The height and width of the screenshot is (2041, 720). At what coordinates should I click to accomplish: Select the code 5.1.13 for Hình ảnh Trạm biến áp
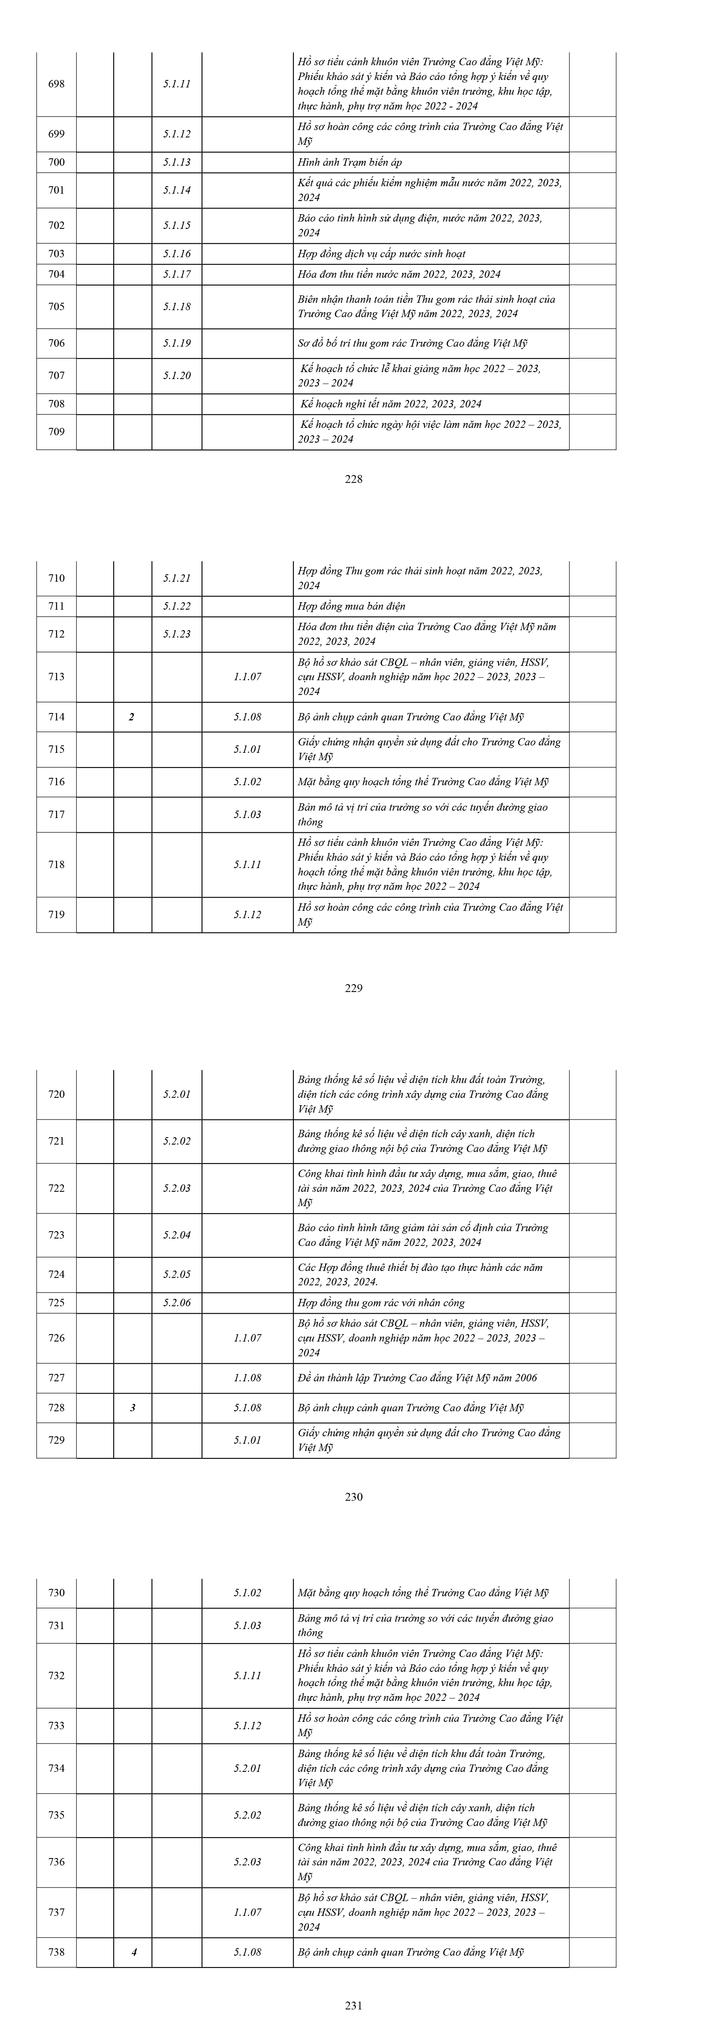pyautogui.click(x=177, y=162)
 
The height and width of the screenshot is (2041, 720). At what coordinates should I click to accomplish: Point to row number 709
pyautogui.click(x=56, y=432)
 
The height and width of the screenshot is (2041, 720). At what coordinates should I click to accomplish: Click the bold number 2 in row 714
pyautogui.click(x=131, y=717)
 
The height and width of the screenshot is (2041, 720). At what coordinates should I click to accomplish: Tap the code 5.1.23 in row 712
pyautogui.click(x=177, y=634)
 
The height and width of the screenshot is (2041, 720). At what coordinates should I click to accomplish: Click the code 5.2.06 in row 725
pyautogui.click(x=177, y=1303)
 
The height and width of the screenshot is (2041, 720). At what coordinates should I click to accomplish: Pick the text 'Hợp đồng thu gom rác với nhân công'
pyautogui.click(x=381, y=1303)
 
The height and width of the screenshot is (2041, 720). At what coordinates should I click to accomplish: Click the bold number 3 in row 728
pyautogui.click(x=132, y=1408)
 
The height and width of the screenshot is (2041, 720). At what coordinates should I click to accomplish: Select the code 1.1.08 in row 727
pyautogui.click(x=247, y=1378)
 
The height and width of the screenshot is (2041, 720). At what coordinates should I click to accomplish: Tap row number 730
pyautogui.click(x=56, y=1593)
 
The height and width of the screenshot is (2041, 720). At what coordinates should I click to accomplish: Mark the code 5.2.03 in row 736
pyautogui.click(x=247, y=1862)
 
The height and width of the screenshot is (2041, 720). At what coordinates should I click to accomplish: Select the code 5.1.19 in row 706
pyautogui.click(x=177, y=343)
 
